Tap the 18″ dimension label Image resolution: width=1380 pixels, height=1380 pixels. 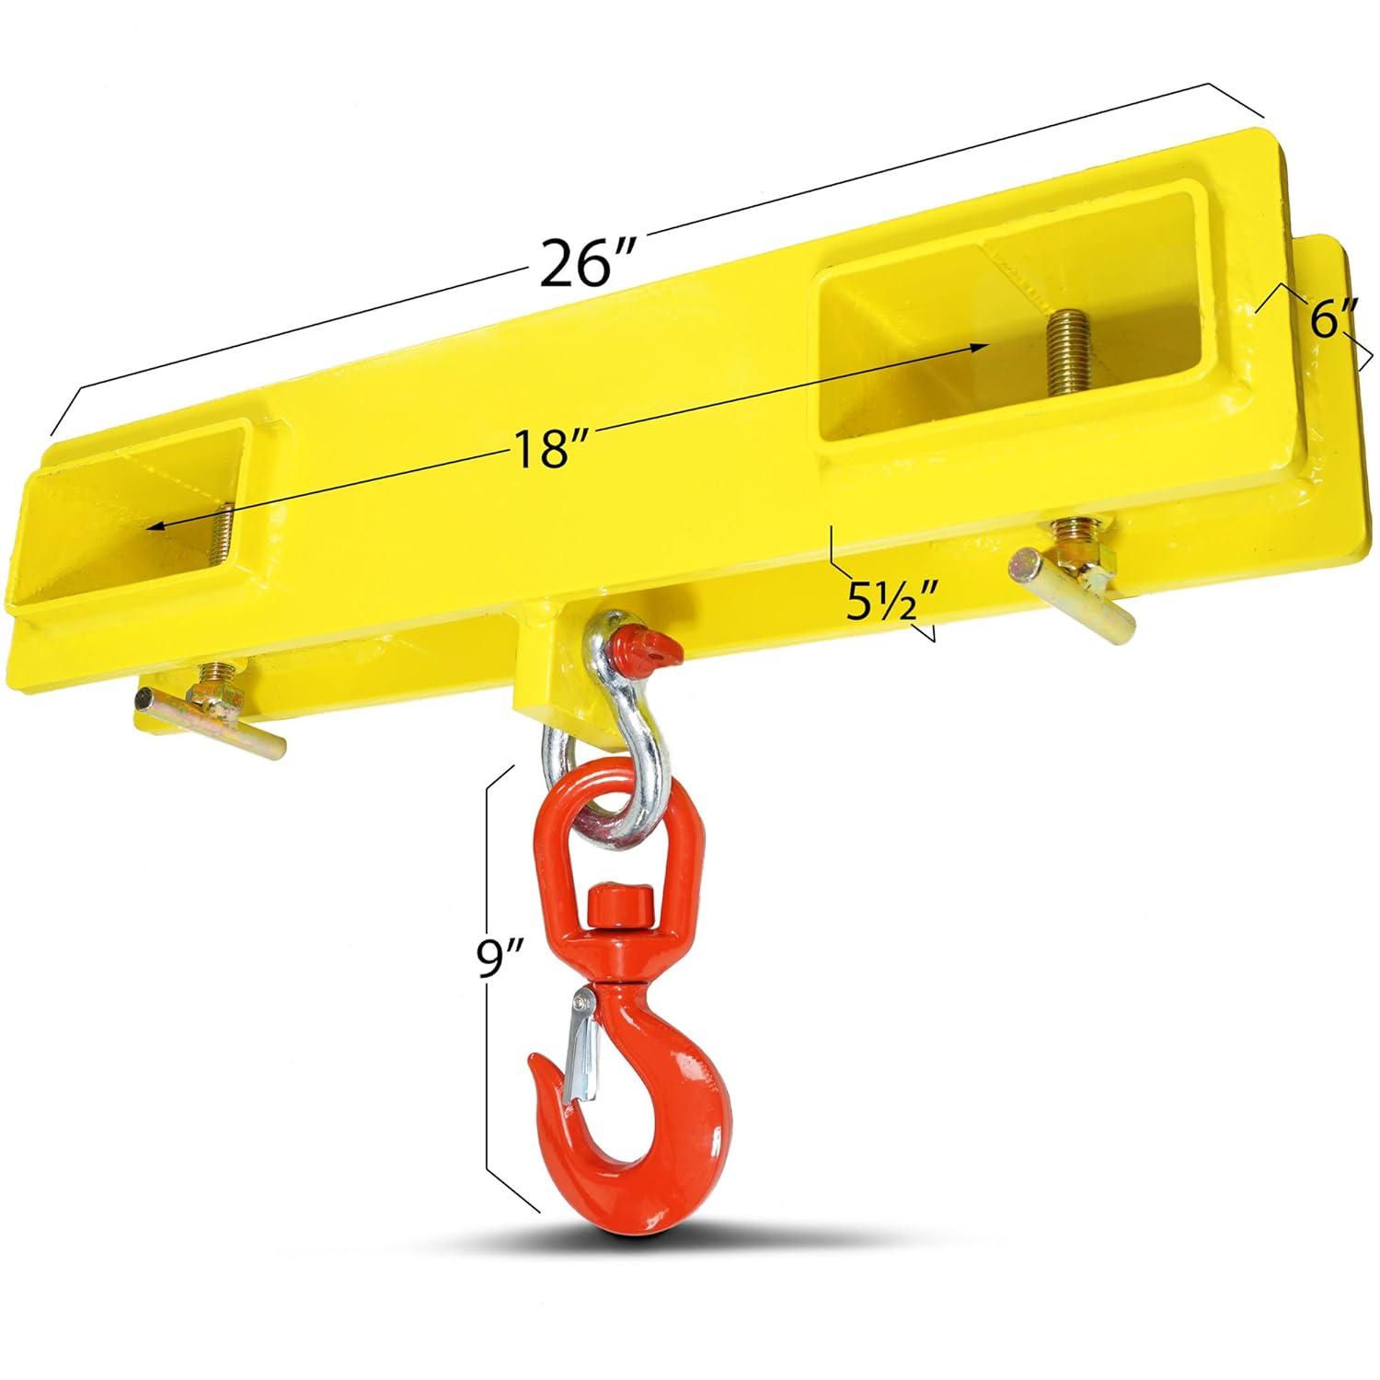pyautogui.click(x=550, y=451)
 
